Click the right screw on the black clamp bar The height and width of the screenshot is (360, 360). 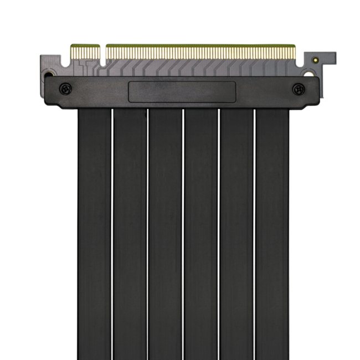[299, 88]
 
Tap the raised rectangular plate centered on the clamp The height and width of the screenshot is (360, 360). [182, 92]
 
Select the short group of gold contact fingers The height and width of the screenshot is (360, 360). [85, 52]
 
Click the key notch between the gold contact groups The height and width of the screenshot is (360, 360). [103, 52]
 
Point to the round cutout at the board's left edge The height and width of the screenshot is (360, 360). [49, 73]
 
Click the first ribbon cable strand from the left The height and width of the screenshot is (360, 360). [94, 233]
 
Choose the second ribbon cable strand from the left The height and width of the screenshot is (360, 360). [130, 233]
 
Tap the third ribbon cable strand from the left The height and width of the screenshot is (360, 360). [165, 233]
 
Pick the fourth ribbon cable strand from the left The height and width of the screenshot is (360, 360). [201, 233]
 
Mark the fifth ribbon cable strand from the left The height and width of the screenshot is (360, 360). [236, 233]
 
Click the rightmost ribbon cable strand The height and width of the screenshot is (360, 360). [272, 233]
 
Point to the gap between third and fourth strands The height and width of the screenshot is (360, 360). [183, 233]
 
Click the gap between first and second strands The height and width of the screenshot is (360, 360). [112, 233]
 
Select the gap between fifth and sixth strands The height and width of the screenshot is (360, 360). [254, 233]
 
